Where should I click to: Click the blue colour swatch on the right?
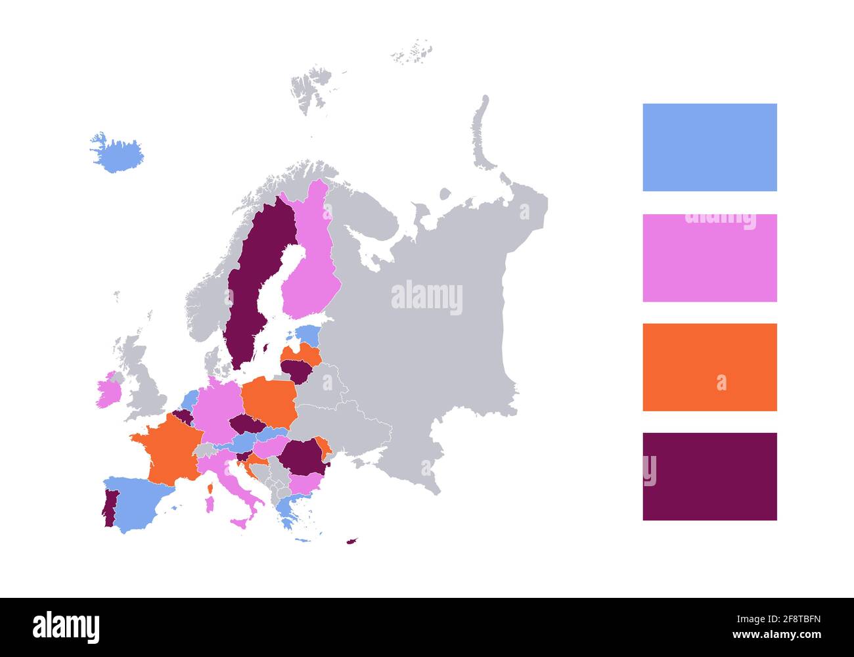click(709, 147)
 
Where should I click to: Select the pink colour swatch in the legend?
click(709, 258)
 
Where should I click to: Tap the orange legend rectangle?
click(709, 367)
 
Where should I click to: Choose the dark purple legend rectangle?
click(709, 476)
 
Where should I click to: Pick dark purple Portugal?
click(109, 509)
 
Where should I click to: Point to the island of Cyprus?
click(352, 541)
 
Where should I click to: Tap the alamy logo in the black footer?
click(66, 627)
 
